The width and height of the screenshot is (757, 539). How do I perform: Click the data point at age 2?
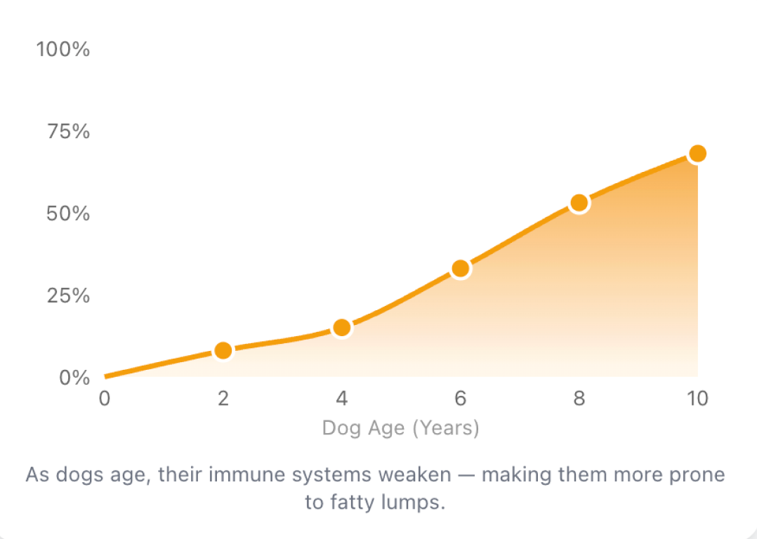pyautogui.click(x=223, y=350)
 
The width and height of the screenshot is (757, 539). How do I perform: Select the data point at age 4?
pyautogui.click(x=342, y=327)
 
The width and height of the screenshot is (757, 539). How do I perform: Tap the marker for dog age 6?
pyautogui.click(x=461, y=268)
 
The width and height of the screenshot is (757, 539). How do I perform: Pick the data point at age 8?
pyautogui.click(x=579, y=203)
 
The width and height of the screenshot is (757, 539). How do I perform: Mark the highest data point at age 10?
pyautogui.click(x=697, y=153)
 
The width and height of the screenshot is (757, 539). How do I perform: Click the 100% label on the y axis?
pyautogui.click(x=63, y=50)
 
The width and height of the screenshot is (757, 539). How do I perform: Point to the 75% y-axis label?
pyautogui.click(x=68, y=132)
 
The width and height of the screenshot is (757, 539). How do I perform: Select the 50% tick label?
pyautogui.click(x=68, y=213)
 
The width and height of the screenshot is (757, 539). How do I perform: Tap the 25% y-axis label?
pyautogui.click(x=68, y=295)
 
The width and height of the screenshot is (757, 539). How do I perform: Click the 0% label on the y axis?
pyautogui.click(x=73, y=378)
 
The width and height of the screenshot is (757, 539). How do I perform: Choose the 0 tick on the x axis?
pyautogui.click(x=105, y=399)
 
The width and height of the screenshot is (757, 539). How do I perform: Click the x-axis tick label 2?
pyautogui.click(x=223, y=399)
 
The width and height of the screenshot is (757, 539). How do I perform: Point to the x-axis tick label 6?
pyautogui.click(x=461, y=399)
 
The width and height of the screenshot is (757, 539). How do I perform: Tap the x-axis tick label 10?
pyautogui.click(x=697, y=399)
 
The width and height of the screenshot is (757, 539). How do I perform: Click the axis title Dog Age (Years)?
pyautogui.click(x=400, y=427)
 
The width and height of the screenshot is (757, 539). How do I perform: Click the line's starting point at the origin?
pyautogui.click(x=105, y=377)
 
